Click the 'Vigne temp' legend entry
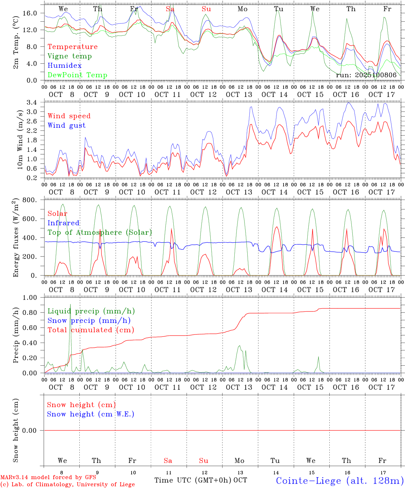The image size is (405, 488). click(x=70, y=56)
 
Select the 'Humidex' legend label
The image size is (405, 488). click(x=64, y=66)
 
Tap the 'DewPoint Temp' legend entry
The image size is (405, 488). click(x=77, y=75)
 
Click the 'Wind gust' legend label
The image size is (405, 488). click(x=66, y=125)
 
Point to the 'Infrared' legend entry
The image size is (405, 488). click(x=63, y=223)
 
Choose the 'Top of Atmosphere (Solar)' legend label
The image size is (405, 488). click(x=99, y=232)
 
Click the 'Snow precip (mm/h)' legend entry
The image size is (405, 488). click(x=89, y=321)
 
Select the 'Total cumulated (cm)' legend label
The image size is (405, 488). click(x=91, y=330)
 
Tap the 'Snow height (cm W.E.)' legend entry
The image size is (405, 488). click(x=91, y=414)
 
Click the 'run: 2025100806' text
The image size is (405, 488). click(x=366, y=75)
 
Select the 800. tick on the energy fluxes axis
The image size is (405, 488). click(x=31, y=200)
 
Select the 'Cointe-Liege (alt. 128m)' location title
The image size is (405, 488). click(x=339, y=481)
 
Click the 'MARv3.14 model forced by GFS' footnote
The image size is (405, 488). click(x=48, y=477)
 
